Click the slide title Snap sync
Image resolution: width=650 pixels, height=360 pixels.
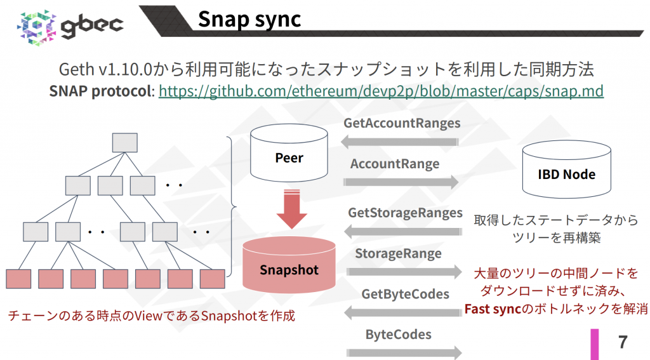coord(249,18)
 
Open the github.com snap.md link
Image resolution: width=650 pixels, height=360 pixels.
coord(380,91)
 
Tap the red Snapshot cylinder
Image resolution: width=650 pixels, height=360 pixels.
coord(289,267)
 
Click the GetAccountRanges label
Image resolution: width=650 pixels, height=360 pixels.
coord(402,123)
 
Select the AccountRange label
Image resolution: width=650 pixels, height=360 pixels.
coord(395,164)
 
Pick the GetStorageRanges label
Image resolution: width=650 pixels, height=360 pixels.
coord(404,213)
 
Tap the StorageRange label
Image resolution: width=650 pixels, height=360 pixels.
coord(398,254)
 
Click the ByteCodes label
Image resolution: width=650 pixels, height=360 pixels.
coord(398,334)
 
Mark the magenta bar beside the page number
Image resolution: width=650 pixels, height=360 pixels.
coord(595,343)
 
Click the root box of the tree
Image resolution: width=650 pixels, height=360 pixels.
coord(124,142)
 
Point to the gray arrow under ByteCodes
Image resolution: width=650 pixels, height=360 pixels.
coord(404,352)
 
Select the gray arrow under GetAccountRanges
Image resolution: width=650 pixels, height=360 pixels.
coord(401,142)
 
